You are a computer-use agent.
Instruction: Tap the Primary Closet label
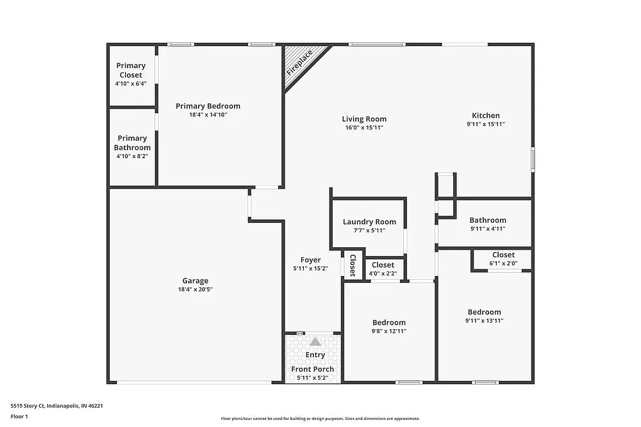click(x=131, y=70)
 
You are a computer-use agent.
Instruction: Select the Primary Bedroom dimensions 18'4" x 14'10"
click(x=208, y=115)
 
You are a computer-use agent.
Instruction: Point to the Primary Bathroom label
click(x=132, y=143)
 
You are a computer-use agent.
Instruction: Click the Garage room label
click(x=195, y=280)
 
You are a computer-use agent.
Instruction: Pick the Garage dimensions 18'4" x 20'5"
click(x=195, y=289)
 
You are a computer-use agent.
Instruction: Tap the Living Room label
click(x=364, y=119)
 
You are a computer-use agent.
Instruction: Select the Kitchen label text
click(x=485, y=115)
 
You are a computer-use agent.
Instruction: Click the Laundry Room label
click(x=369, y=222)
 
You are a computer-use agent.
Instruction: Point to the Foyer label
click(x=311, y=260)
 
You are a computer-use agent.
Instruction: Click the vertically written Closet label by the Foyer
click(x=353, y=266)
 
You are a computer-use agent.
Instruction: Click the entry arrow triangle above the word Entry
click(x=315, y=342)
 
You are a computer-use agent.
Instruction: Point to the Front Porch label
click(x=312, y=369)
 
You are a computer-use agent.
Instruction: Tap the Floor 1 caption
click(x=19, y=416)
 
